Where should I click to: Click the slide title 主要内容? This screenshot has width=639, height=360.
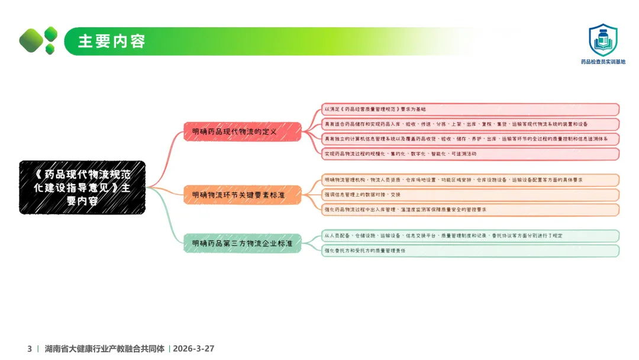(112, 41)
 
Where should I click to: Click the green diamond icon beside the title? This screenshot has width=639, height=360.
(39, 40)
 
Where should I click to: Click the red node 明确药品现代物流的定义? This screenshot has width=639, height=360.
(243, 131)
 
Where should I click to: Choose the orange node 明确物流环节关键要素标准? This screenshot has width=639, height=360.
(243, 194)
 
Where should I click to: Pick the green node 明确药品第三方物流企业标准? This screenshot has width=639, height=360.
(243, 243)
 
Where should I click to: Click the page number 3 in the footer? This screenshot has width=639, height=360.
(30, 349)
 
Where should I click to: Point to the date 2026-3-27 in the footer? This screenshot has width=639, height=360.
(193, 349)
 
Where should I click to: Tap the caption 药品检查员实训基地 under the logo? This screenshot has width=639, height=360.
(603, 62)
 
